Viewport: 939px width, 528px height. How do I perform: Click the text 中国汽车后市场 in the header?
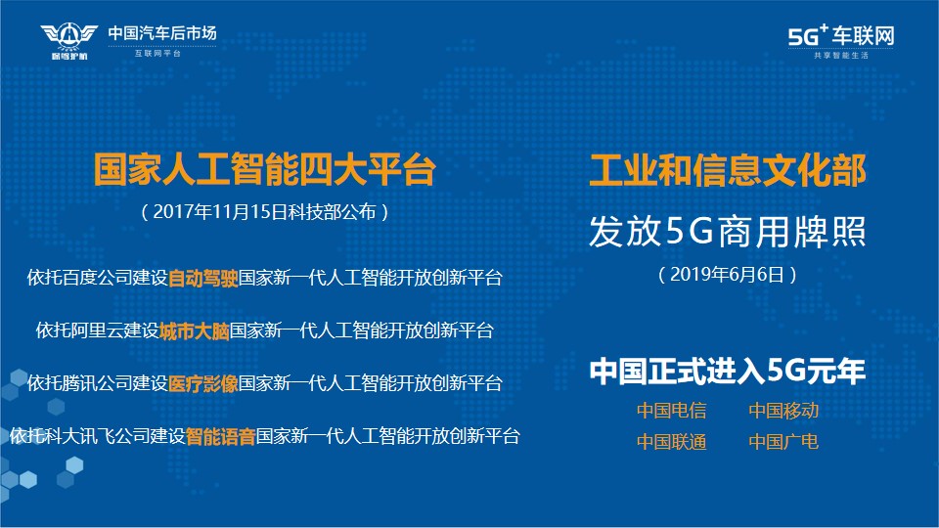[x=162, y=33]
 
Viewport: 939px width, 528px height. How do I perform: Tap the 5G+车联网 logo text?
[x=841, y=36]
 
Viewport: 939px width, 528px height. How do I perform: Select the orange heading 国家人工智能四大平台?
[x=265, y=169]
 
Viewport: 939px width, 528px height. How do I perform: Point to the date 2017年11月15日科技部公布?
[x=265, y=212]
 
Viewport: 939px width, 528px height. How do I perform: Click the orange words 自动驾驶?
[x=203, y=279]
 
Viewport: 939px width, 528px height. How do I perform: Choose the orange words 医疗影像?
[x=203, y=383]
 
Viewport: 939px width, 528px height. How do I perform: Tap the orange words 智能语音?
[x=220, y=436]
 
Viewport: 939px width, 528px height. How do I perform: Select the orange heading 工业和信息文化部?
[x=728, y=170]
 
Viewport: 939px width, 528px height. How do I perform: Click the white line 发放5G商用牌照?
[x=728, y=231]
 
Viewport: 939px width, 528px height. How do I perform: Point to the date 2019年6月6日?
[x=727, y=274]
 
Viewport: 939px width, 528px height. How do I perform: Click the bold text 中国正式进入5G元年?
[x=728, y=371]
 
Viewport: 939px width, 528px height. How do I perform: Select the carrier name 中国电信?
[x=671, y=411]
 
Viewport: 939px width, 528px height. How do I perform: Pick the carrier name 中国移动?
[x=783, y=411]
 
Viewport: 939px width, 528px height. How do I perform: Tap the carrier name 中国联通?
[x=671, y=442]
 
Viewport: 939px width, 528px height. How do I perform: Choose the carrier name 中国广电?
[x=783, y=442]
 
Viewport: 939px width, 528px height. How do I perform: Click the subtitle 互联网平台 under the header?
[x=157, y=53]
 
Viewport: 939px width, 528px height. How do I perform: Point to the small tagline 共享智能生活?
[x=841, y=55]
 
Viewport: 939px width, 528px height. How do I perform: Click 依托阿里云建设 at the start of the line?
[x=98, y=330]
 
